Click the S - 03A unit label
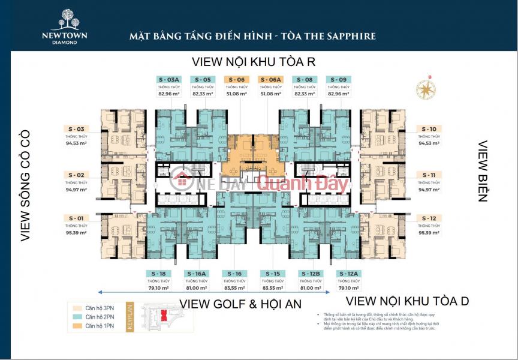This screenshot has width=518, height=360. point(169,79)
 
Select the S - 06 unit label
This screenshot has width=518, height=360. point(236,79)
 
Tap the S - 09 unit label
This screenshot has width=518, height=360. point(338,79)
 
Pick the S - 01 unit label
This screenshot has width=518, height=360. point(76,218)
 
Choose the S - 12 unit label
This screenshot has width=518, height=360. point(429,218)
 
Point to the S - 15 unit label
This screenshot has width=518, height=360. point(271,274)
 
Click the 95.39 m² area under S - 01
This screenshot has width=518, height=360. point(76,232)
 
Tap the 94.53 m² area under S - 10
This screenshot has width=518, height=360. point(429,143)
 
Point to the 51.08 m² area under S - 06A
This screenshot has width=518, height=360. point(270,94)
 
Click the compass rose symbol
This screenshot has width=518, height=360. point(425,89)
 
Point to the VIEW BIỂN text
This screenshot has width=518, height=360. point(482,171)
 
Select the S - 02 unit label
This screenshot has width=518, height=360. point(76,175)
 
